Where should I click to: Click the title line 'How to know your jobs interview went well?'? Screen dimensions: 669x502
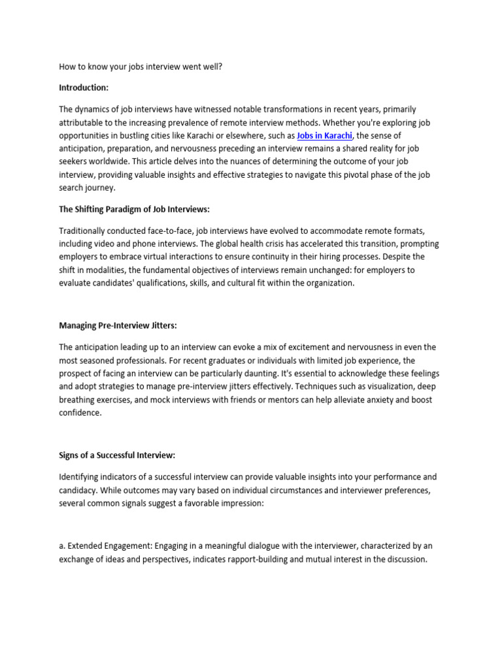click(141, 66)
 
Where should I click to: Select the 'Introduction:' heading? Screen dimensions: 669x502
click(84, 87)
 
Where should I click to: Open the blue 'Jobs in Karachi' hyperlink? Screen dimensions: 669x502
click(325, 135)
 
